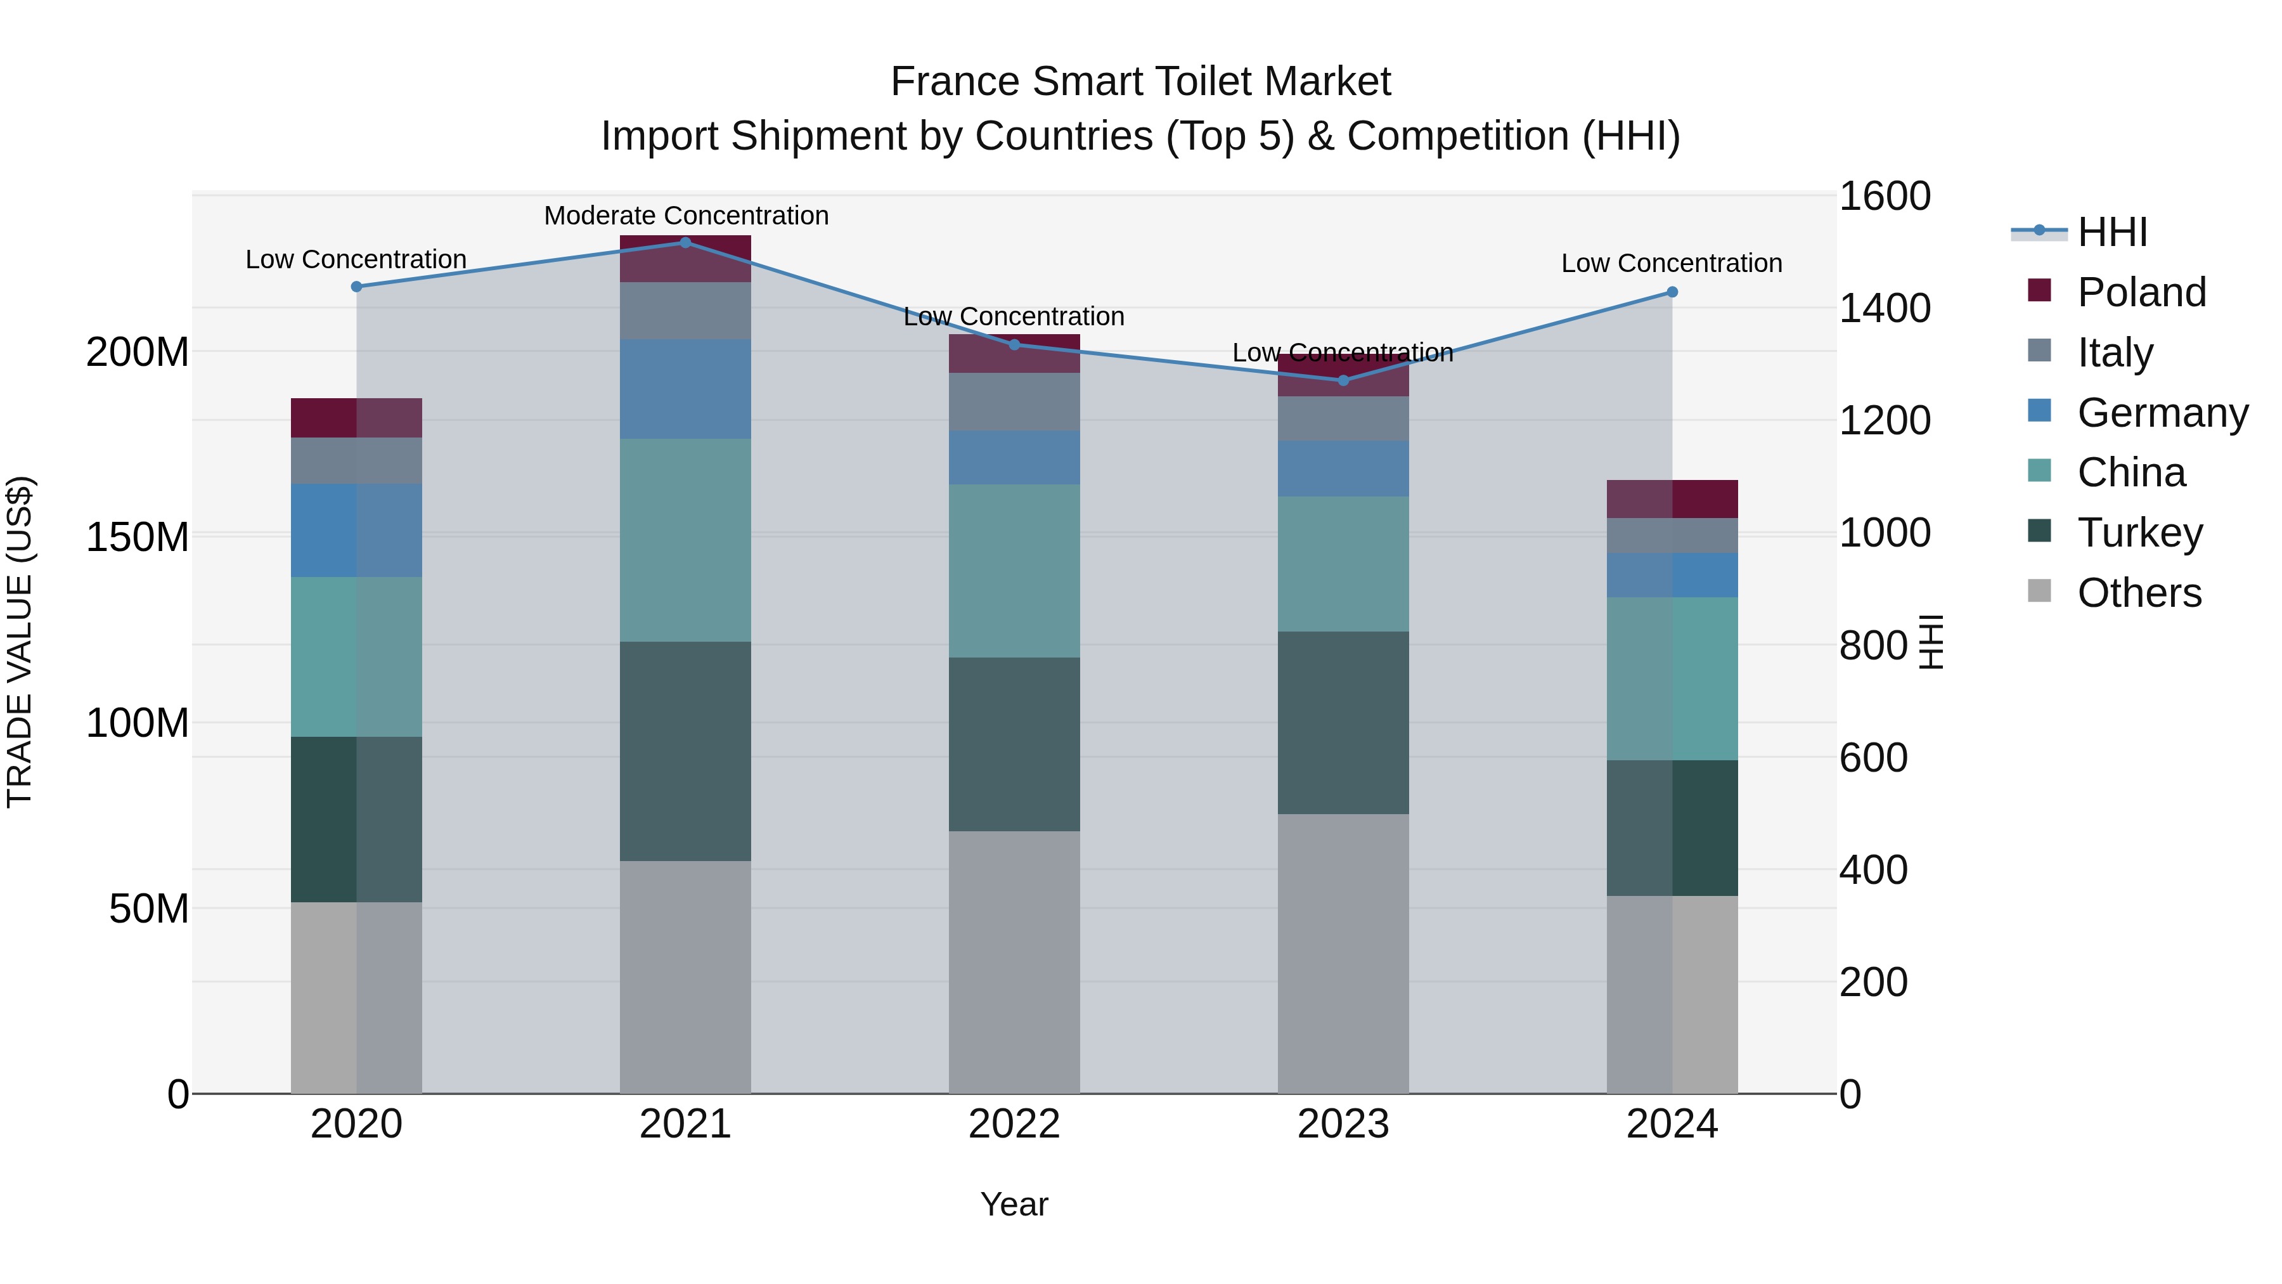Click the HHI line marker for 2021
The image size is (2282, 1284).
tap(685, 242)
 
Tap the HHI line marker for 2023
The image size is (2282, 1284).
tap(1343, 380)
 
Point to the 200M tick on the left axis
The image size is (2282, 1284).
tap(138, 352)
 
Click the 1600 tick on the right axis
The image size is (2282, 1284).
tap(1885, 196)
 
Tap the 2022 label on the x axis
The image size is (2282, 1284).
tap(1014, 1124)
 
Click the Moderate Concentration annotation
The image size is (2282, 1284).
tap(686, 216)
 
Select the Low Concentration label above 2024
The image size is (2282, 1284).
tap(1671, 263)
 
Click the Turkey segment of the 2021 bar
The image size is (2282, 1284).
tap(685, 751)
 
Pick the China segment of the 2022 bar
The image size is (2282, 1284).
tap(1014, 570)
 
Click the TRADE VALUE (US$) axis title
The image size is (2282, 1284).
tap(20, 642)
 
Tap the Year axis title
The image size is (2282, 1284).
tap(1014, 1204)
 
